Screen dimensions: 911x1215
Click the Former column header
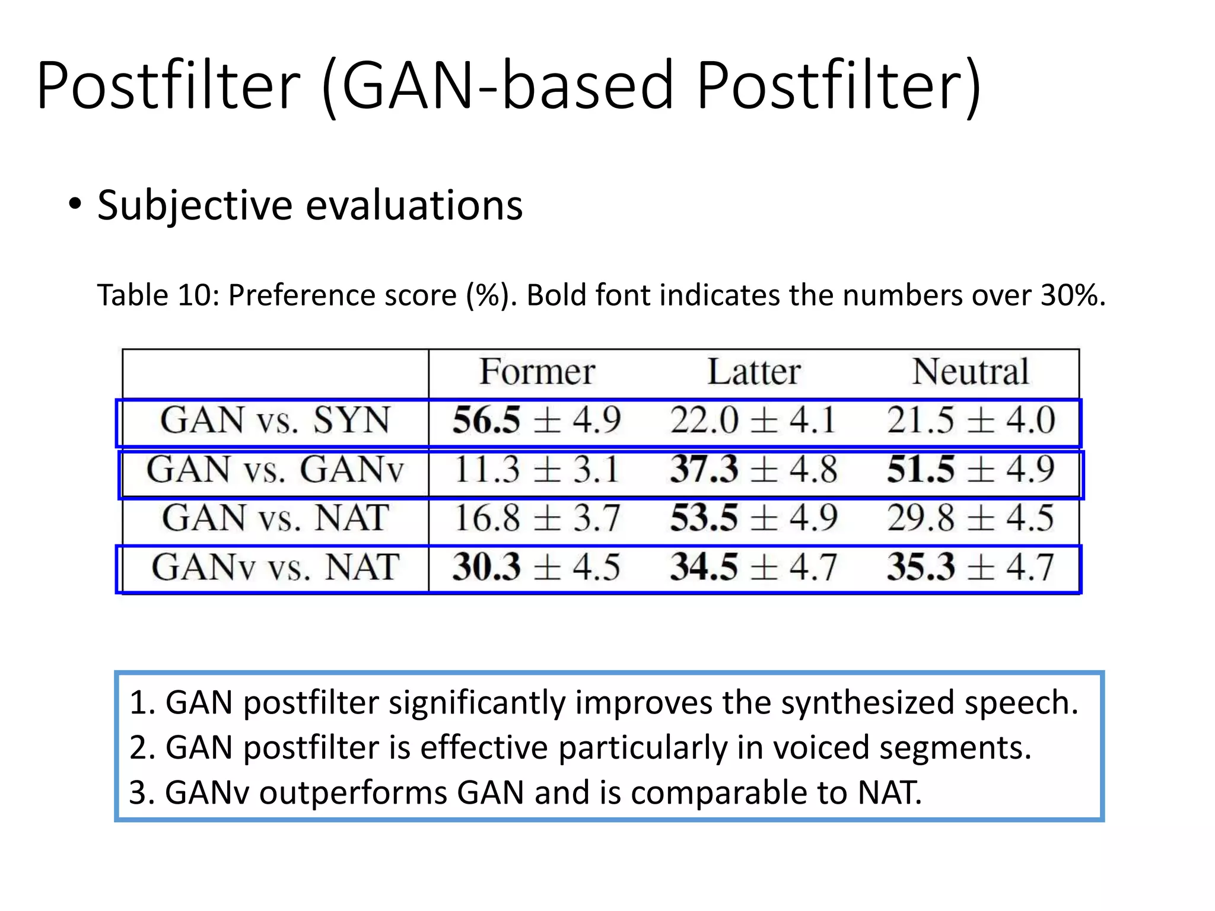[x=537, y=372]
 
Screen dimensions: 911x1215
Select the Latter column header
[x=754, y=372]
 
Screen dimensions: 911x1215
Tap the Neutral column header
[x=971, y=372]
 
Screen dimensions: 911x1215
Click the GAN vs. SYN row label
[x=275, y=421]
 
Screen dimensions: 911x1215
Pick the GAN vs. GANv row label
[x=275, y=470]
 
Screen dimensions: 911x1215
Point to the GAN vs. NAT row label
[x=275, y=518]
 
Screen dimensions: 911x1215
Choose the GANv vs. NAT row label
[x=275, y=567]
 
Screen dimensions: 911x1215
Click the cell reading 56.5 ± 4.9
[x=536, y=421]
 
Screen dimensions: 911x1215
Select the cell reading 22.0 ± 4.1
[x=753, y=421]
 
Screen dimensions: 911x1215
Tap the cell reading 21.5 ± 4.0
[x=971, y=421]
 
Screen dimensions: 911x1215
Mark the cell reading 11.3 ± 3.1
[x=536, y=470]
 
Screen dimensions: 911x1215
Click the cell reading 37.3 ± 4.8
[x=753, y=470]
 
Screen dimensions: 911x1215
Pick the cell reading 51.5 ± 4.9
[x=971, y=470]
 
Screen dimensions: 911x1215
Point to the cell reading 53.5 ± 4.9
[x=753, y=518]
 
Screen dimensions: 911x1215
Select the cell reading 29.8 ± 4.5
[x=971, y=518]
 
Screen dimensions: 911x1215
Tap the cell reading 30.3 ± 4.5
[x=536, y=567]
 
